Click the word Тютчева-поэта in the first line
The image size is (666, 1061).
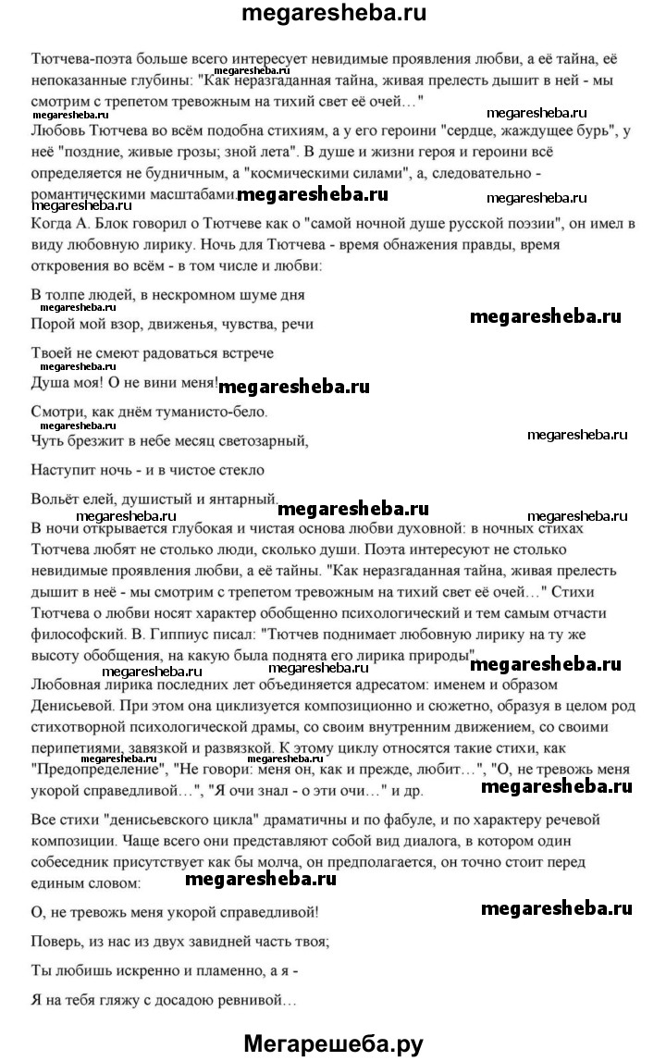[77, 57]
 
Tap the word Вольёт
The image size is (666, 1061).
[55, 499]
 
